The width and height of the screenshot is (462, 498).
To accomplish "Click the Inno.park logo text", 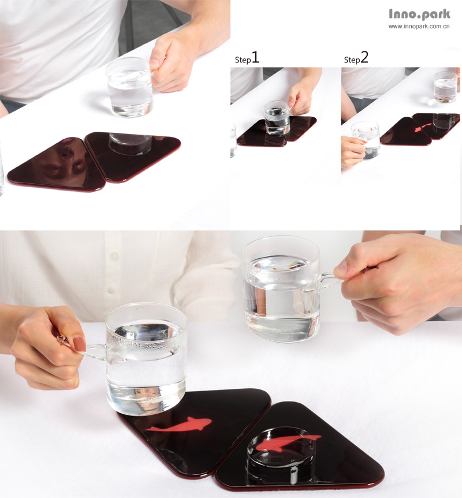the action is pos(419,14).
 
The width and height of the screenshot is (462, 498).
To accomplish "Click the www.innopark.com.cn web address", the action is pos(419,27).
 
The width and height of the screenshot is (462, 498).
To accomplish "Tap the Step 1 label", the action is pos(247,58).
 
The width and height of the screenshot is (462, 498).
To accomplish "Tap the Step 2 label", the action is pos(356,58).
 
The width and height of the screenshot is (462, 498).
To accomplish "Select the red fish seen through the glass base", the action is pos(286,443).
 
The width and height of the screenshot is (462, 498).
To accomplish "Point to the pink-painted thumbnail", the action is pos(79,344).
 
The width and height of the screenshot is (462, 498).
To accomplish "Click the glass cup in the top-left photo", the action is pos(129,87).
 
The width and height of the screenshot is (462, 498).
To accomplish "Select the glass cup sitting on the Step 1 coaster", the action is pos(277,118).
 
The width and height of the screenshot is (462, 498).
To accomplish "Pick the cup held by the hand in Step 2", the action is pos(366,140).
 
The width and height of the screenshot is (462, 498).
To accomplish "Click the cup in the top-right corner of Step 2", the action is pos(445,87).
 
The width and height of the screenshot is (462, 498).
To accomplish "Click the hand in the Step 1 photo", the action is pos(300,98).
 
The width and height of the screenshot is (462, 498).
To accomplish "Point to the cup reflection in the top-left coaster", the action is pos(130,143).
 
